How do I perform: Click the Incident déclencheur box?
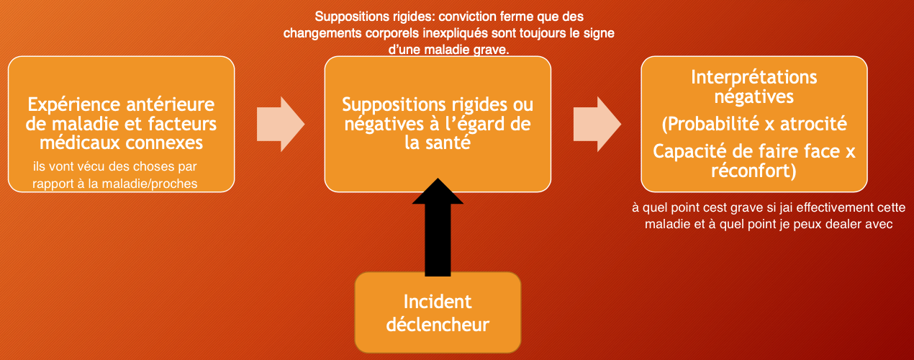click(438, 312)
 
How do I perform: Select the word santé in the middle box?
click(447, 143)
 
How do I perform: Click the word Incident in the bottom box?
click(438, 301)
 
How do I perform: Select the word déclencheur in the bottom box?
click(438, 324)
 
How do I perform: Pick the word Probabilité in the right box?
click(710, 125)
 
